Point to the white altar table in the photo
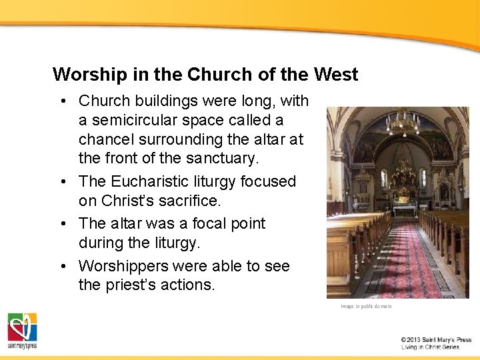(403, 210)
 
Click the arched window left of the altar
(383, 178)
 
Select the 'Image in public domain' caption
(366, 306)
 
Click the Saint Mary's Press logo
(22, 330)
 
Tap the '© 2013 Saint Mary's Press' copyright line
(436, 339)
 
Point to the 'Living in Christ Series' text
(430, 347)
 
